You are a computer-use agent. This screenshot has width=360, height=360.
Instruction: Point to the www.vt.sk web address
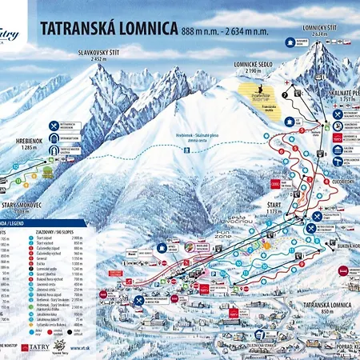click(80, 350)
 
